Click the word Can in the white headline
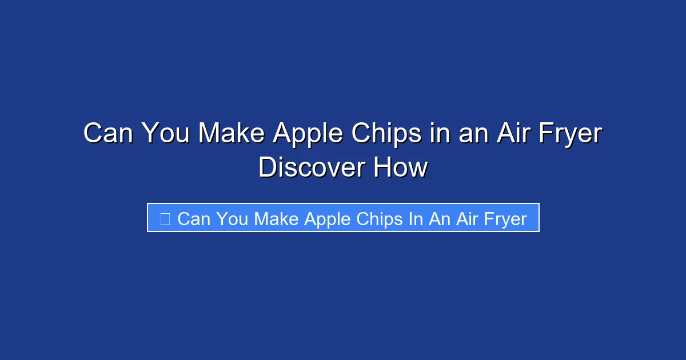click(109, 134)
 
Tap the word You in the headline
click(166, 134)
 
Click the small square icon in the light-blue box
click(165, 218)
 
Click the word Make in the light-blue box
click(277, 219)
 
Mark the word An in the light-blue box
click(440, 219)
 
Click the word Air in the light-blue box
click(467, 219)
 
